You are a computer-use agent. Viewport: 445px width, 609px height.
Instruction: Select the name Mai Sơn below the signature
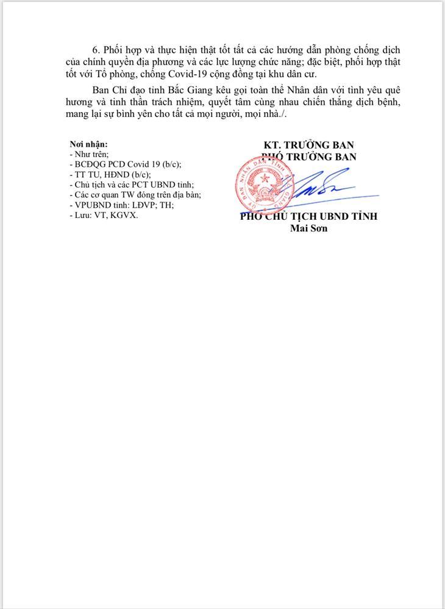coord(309,228)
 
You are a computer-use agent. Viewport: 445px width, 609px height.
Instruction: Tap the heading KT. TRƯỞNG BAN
coord(309,145)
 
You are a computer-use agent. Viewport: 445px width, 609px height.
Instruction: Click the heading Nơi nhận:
coord(89,144)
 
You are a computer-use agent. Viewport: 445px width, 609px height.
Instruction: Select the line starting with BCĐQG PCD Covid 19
coord(126,164)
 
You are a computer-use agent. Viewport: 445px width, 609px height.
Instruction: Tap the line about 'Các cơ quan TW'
coord(135,195)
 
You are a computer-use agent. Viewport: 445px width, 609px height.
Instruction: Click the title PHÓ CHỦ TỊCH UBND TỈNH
coord(309,217)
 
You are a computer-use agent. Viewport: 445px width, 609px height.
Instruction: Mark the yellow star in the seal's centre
coord(263,178)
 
